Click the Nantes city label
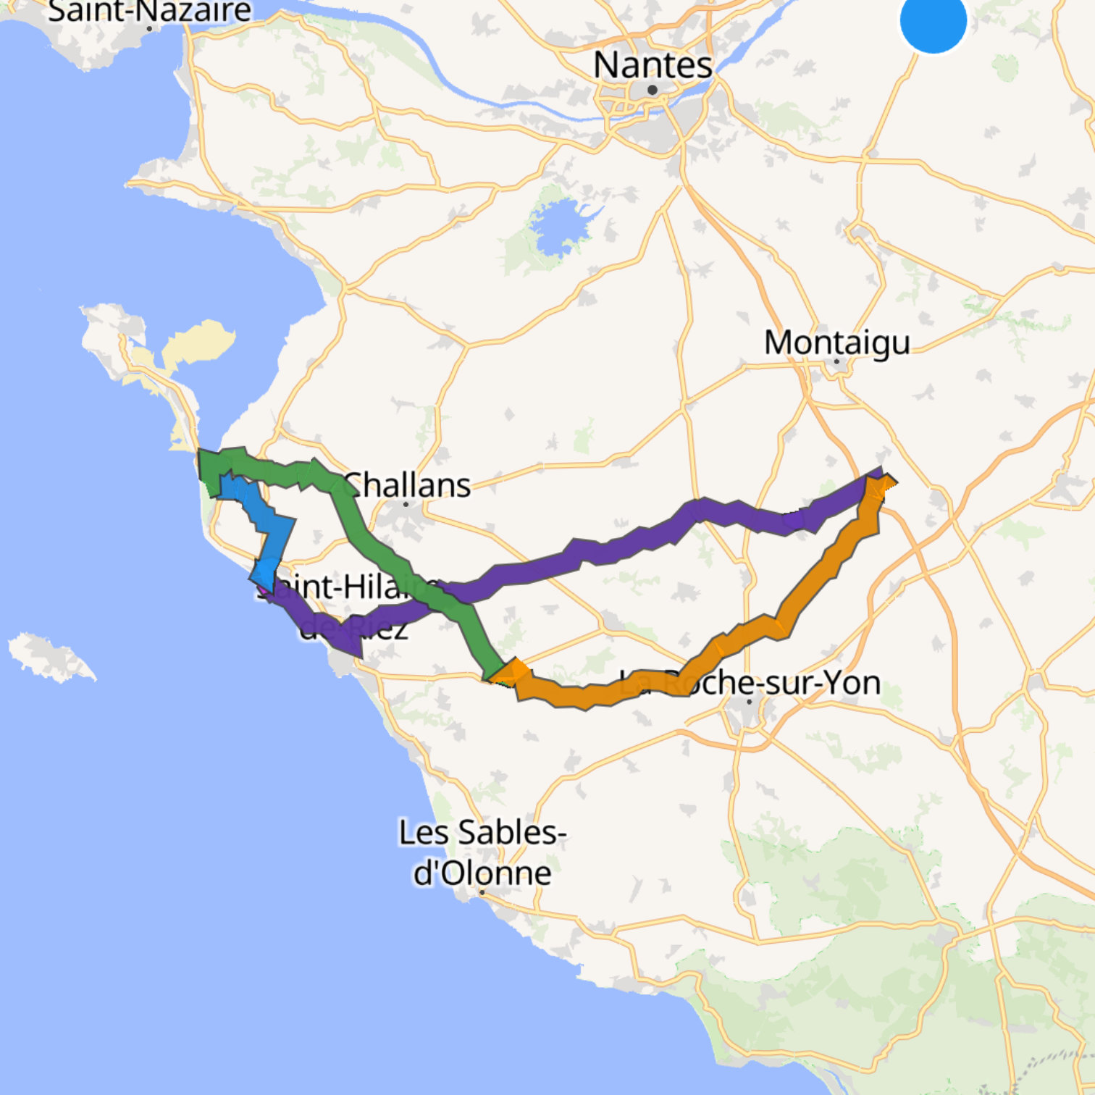click(x=653, y=65)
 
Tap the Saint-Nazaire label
click(x=149, y=10)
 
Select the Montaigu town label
click(x=836, y=343)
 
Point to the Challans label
click(x=407, y=484)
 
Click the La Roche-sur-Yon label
click(x=750, y=683)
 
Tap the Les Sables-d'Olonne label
click(x=482, y=852)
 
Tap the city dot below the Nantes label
click(x=653, y=90)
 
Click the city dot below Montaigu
click(x=837, y=361)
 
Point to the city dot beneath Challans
click(x=406, y=504)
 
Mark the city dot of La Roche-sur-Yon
click(x=750, y=701)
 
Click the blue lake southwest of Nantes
click(x=558, y=228)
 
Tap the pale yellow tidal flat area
click(x=199, y=340)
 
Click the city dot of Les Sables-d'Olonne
click(x=482, y=892)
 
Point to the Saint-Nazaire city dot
click(x=149, y=29)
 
